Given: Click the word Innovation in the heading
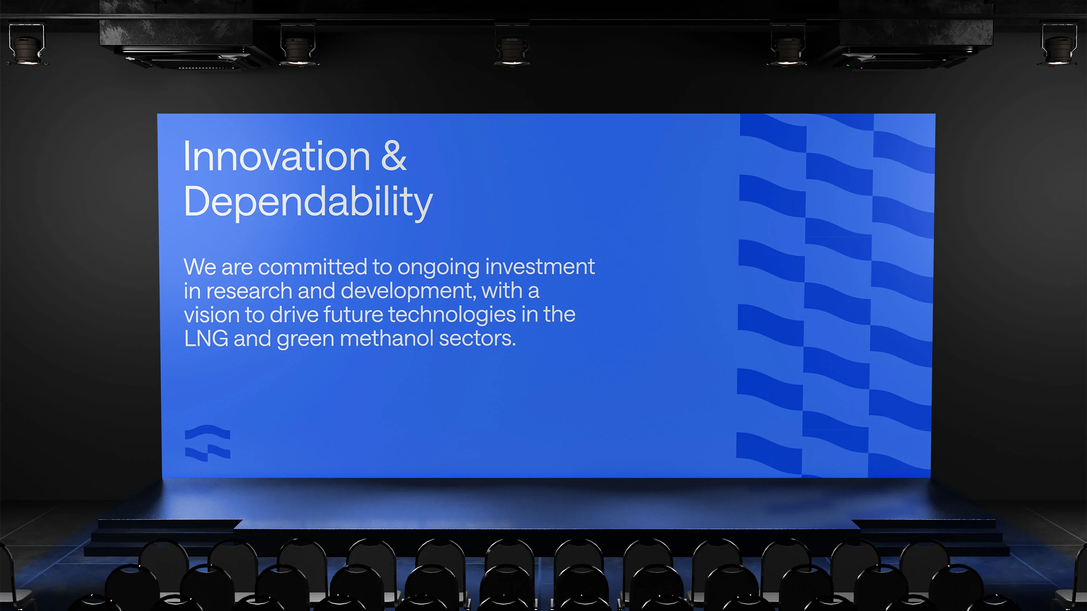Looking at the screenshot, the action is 277,156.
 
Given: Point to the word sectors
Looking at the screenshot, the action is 477,338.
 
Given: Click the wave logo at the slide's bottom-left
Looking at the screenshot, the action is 208,443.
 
